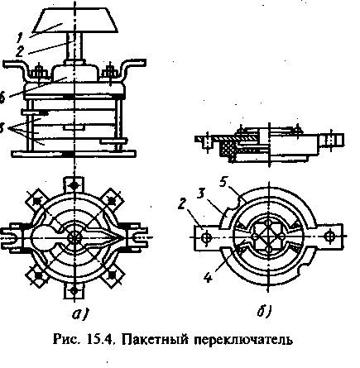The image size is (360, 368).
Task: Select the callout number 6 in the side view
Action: (4, 97)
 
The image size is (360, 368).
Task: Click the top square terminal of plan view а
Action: (74, 184)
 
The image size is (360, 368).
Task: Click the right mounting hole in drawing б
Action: (331, 237)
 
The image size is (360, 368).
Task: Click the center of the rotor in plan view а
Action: (74, 237)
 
